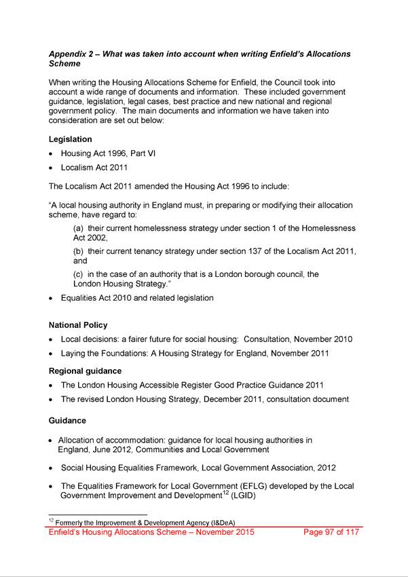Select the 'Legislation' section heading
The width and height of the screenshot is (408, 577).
[x=71, y=139]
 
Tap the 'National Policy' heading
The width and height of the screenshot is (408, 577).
[x=78, y=325]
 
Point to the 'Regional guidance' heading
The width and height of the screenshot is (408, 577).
[x=86, y=371]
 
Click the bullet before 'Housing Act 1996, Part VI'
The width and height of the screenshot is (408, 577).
[x=52, y=154]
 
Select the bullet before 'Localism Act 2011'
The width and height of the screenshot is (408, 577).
[x=52, y=167]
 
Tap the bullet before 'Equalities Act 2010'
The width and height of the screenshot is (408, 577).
[x=52, y=298]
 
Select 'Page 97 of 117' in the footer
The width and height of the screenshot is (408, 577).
[x=331, y=532]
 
